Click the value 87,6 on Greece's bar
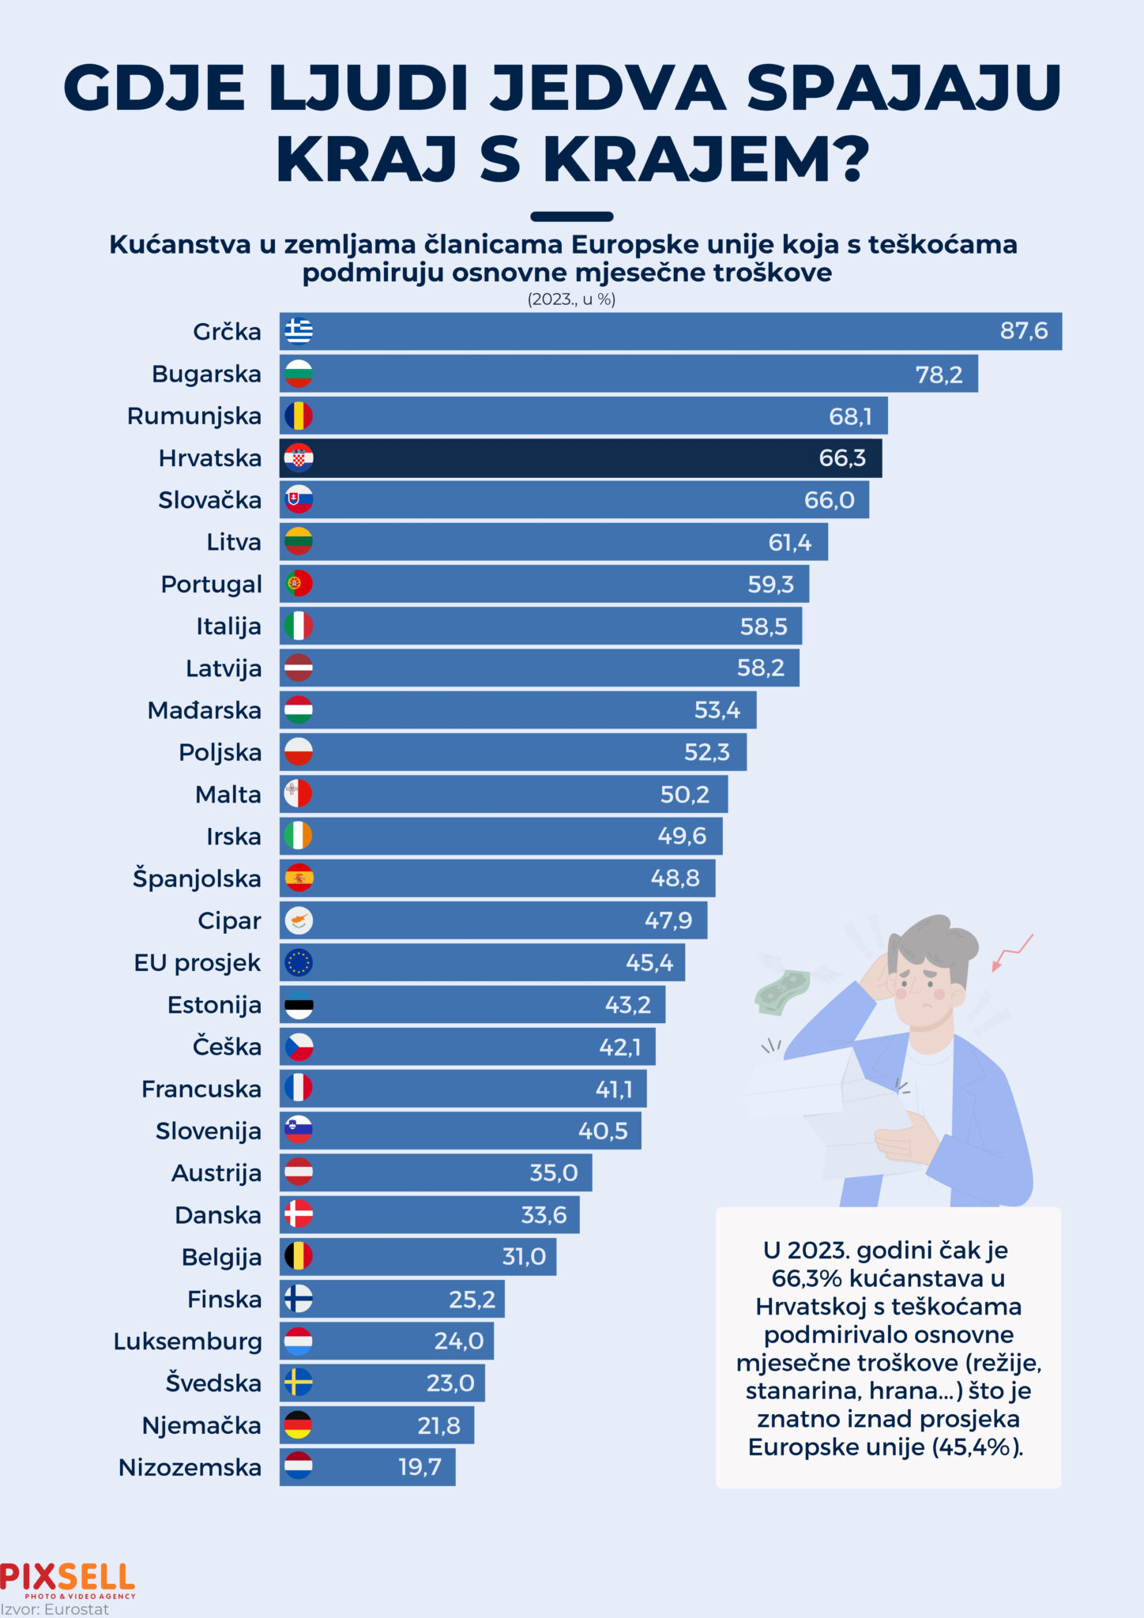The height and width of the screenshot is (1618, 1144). pyautogui.click(x=1023, y=331)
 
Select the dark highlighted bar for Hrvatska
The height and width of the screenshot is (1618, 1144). pyautogui.click(x=581, y=458)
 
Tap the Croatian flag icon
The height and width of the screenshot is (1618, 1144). pyautogui.click(x=299, y=458)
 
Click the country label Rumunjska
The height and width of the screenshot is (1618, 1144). pyautogui.click(x=194, y=416)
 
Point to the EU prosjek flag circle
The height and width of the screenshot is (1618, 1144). pyautogui.click(x=299, y=962)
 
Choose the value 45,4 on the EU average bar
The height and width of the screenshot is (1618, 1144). pyautogui.click(x=649, y=962)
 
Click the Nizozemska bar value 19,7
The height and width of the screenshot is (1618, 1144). pyautogui.click(x=420, y=1467)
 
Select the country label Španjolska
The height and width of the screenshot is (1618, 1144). pyautogui.click(x=197, y=879)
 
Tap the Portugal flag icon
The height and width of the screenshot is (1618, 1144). pyautogui.click(x=299, y=584)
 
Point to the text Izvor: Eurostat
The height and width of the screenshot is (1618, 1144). pyautogui.click(x=55, y=1609)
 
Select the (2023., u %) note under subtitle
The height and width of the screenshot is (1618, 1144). pyautogui.click(x=571, y=299)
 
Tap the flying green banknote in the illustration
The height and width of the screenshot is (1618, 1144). pyautogui.click(x=782, y=991)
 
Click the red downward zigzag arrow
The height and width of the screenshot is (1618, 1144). pyautogui.click(x=1012, y=952)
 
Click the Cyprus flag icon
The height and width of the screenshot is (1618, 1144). pyautogui.click(x=299, y=920)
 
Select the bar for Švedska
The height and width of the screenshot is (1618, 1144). pyautogui.click(x=382, y=1383)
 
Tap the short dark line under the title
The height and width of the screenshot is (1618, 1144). pyautogui.click(x=571, y=216)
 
